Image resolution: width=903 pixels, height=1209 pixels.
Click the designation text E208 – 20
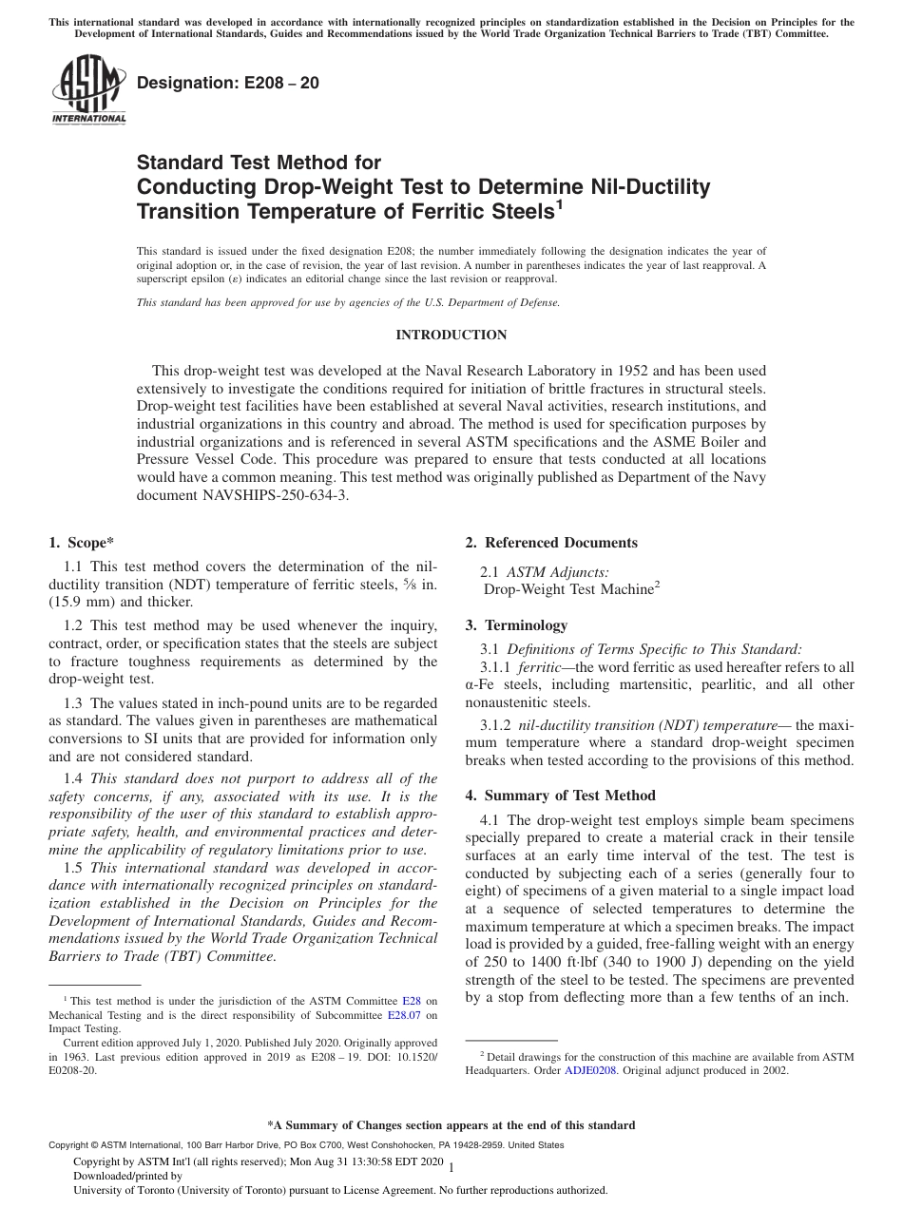pyautogui.click(x=228, y=84)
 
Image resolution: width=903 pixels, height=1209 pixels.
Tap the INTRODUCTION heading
pyautogui.click(x=451, y=335)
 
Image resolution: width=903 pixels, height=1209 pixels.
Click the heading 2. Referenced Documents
pyautogui.click(x=551, y=543)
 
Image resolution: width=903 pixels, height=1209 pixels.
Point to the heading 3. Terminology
pyautogui.click(x=516, y=625)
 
